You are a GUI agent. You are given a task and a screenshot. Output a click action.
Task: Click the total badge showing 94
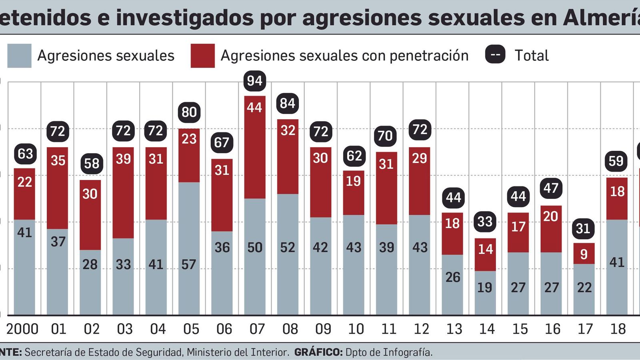(x=254, y=81)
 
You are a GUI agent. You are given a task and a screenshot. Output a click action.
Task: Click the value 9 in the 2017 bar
(x=584, y=254)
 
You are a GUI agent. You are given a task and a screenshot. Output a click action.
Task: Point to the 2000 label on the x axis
(x=22, y=329)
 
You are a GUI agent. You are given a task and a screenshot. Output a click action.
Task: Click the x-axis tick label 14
(x=487, y=329)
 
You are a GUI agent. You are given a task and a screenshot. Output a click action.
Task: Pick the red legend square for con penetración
(x=202, y=56)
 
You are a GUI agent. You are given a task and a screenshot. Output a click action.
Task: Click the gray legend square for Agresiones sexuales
(x=19, y=56)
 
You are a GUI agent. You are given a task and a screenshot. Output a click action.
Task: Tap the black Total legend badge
(x=495, y=55)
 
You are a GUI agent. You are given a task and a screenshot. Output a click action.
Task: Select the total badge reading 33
(x=485, y=221)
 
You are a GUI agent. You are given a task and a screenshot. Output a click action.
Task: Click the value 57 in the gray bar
(x=189, y=264)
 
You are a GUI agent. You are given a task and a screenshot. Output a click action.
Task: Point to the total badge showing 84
(x=287, y=103)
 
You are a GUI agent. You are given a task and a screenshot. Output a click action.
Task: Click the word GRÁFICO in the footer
(x=318, y=352)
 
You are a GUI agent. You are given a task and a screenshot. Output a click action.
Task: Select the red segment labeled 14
(x=485, y=249)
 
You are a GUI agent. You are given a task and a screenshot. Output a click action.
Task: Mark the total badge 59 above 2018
(x=616, y=161)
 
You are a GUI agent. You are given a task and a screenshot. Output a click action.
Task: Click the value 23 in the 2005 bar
(x=189, y=139)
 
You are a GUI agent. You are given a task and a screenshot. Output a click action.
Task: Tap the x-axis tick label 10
(x=356, y=329)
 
